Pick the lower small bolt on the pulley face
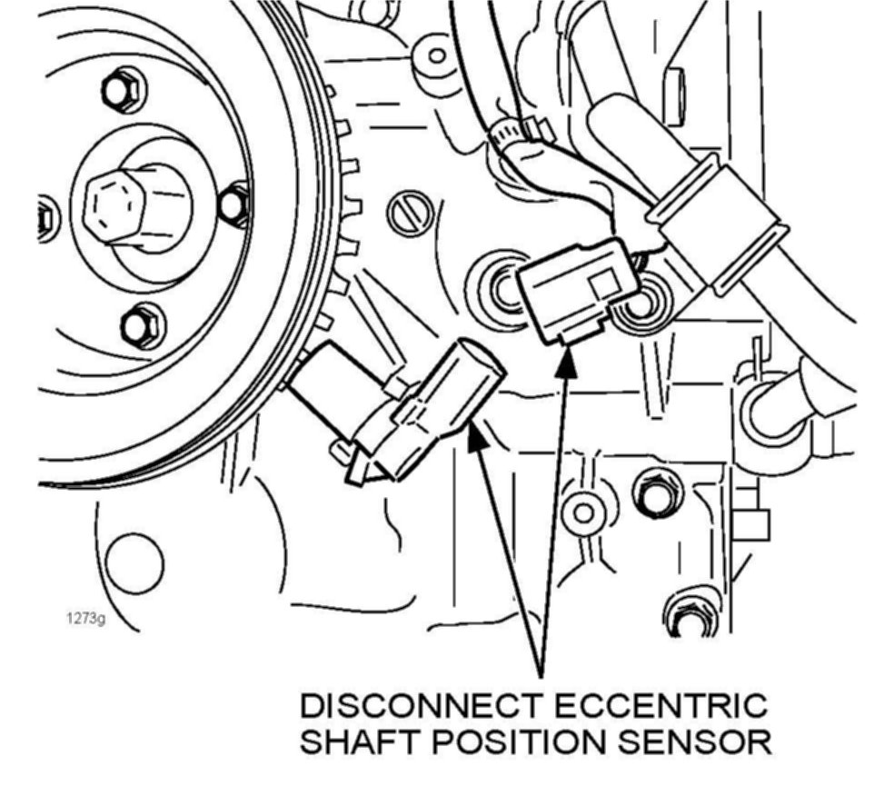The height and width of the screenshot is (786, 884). (142, 325)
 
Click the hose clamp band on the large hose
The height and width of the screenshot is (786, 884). (713, 222)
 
